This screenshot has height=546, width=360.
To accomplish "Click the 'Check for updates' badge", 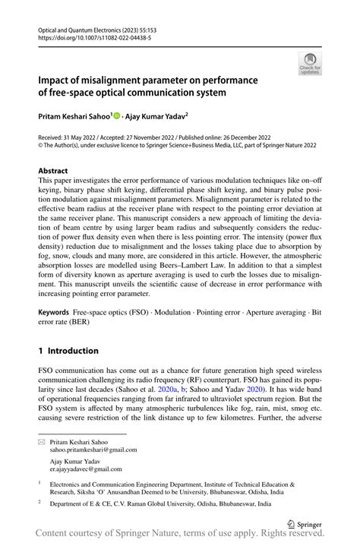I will pyautogui.click(x=309, y=65).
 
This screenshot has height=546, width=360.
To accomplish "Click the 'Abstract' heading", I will pyautogui.click(x=53, y=172).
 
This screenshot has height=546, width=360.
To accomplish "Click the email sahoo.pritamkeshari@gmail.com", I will pyautogui.click(x=93, y=450).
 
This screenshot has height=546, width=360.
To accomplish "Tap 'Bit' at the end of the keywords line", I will pyautogui.click(x=316, y=313).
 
